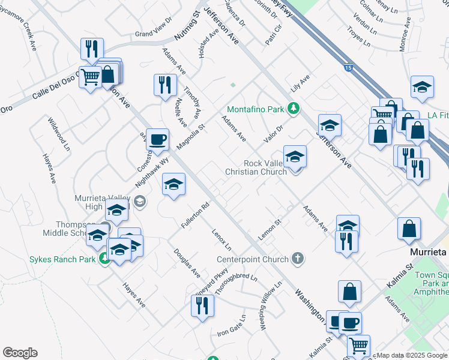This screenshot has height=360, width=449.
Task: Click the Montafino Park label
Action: pos(255,110)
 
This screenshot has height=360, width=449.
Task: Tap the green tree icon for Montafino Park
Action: pos(294,109)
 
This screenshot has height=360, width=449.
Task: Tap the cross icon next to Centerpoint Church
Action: pos(297,259)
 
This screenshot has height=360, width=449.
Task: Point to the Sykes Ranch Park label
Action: pos(62,259)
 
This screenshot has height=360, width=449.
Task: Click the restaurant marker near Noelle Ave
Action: pos(165,85)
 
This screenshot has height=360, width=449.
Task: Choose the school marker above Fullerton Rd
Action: pos(173,184)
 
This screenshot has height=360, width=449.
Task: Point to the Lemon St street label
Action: pos(270,230)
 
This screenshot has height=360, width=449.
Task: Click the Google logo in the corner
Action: pos(20,353)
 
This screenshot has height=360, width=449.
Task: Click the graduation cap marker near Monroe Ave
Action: pos(422,87)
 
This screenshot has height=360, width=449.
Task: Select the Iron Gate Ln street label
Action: pos(232,325)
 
